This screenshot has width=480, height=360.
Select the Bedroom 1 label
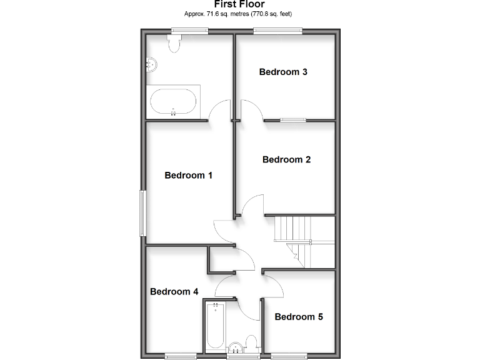click(x=188, y=176)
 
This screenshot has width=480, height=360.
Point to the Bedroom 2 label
click(x=286, y=160)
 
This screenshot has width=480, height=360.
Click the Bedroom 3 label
click(x=283, y=72)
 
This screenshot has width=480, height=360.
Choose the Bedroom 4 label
click(x=174, y=292)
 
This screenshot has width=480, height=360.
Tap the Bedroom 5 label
click(x=299, y=317)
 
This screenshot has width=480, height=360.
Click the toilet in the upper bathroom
click(x=174, y=43)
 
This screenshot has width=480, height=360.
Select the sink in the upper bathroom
click(x=151, y=64)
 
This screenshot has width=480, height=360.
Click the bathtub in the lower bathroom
click(x=215, y=326)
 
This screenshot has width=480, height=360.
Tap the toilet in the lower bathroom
click(x=251, y=342)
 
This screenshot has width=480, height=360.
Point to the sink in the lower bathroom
click(x=236, y=349)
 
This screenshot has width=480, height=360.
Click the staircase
click(x=299, y=237)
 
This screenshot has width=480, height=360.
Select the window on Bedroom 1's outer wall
click(x=142, y=214)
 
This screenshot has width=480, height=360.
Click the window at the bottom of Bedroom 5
click(x=289, y=357)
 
